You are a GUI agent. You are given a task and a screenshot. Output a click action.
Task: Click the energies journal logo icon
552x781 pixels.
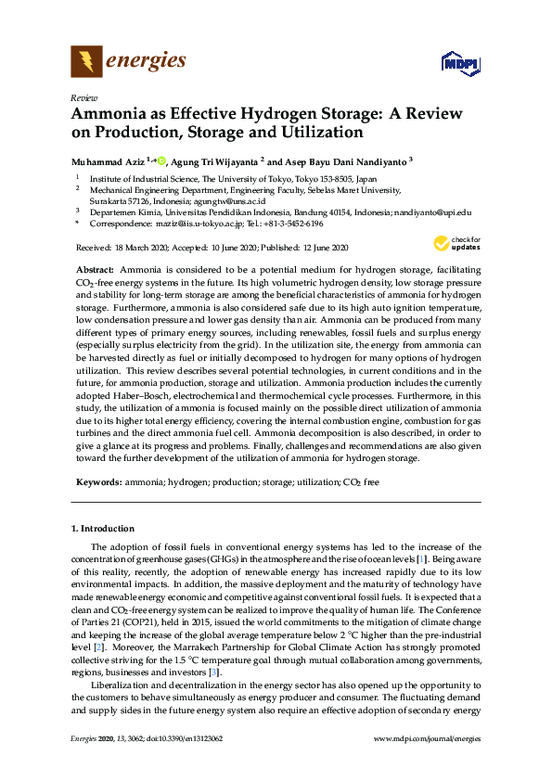pyautogui.click(x=86, y=61)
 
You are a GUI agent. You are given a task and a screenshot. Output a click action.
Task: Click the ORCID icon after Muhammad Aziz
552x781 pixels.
pyautogui.click(x=160, y=160)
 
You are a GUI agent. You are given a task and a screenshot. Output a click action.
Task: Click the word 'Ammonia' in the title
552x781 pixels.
pyautogui.click(x=107, y=115)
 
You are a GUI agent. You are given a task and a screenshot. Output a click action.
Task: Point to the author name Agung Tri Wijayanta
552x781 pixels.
pyautogui.click(x=213, y=161)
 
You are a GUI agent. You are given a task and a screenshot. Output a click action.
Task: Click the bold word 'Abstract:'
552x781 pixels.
pyautogui.click(x=95, y=268)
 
